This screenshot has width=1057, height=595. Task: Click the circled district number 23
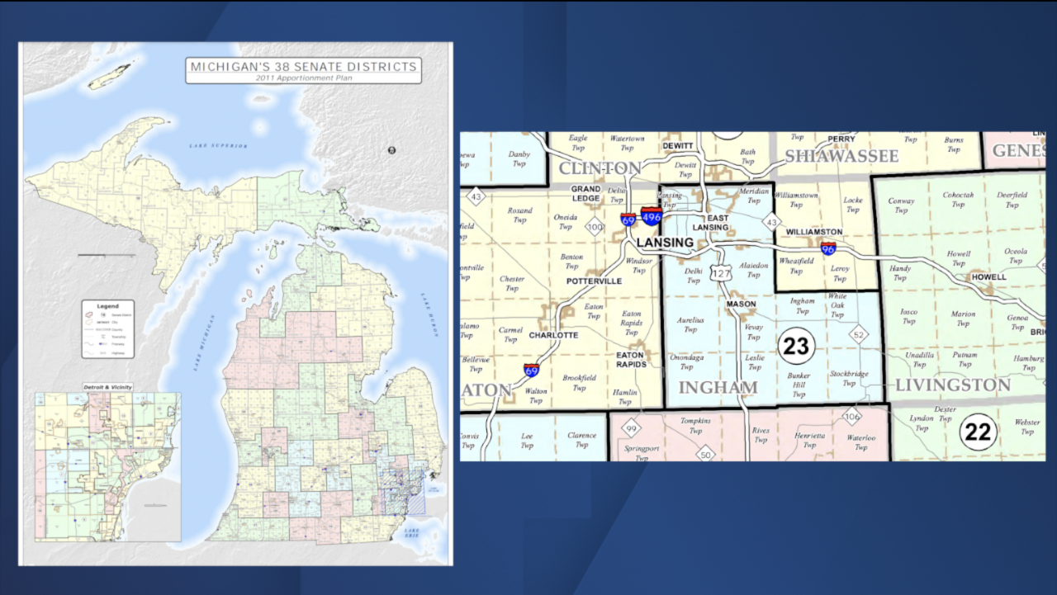tap(795, 346)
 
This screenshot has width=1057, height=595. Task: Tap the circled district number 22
tap(978, 432)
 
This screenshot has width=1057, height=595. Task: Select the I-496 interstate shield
tap(652, 217)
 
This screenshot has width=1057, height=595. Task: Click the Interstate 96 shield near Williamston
tap(828, 248)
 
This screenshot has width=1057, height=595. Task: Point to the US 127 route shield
tap(723, 273)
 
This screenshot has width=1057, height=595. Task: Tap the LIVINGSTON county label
tap(953, 385)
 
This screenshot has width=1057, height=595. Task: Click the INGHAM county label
tap(718, 388)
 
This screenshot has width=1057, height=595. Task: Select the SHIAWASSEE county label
tap(841, 156)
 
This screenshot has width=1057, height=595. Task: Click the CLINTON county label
tap(600, 168)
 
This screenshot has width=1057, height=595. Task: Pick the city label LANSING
tap(665, 243)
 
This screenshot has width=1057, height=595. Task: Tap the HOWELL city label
tap(988, 277)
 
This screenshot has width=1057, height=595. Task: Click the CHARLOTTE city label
tap(553, 336)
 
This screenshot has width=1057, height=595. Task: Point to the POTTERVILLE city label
tap(594, 281)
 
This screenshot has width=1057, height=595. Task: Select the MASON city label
tap(741, 305)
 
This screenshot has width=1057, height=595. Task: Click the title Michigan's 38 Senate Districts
tap(303, 67)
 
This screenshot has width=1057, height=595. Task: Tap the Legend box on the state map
tap(107, 328)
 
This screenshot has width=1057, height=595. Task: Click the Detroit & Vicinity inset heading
tap(107, 387)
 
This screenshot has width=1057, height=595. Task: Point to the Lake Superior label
tap(217, 145)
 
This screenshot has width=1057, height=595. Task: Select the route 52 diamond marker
tap(859, 334)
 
